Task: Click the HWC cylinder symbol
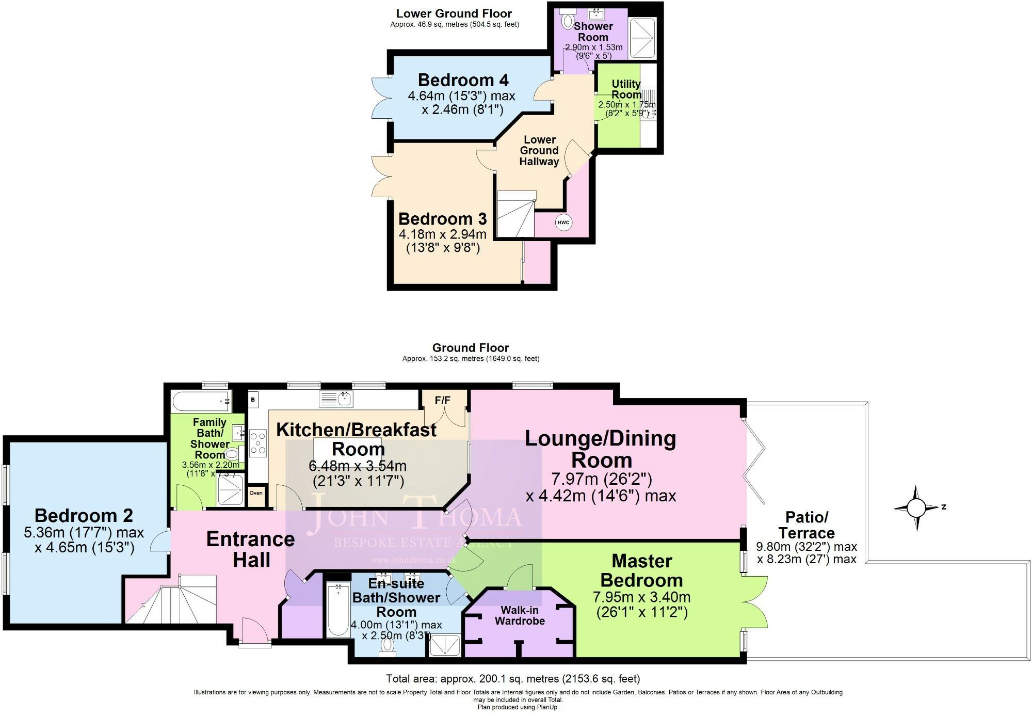[x=563, y=223]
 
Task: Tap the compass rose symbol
[x=916, y=508]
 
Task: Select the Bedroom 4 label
[x=463, y=81]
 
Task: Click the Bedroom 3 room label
[x=442, y=219]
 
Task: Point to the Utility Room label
[x=626, y=89]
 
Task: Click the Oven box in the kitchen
[x=256, y=493]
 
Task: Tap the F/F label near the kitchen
[x=442, y=400]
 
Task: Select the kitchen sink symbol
[x=336, y=399]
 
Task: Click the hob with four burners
[x=258, y=443]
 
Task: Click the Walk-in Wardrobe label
[x=520, y=615]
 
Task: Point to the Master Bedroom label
[x=641, y=570]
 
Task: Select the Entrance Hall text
[x=251, y=549]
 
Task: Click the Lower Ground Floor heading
[x=454, y=14]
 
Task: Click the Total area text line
[x=512, y=678]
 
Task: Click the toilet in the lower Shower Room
[x=568, y=21]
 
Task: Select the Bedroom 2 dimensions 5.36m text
[x=84, y=532]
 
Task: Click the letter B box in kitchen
[x=253, y=400]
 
